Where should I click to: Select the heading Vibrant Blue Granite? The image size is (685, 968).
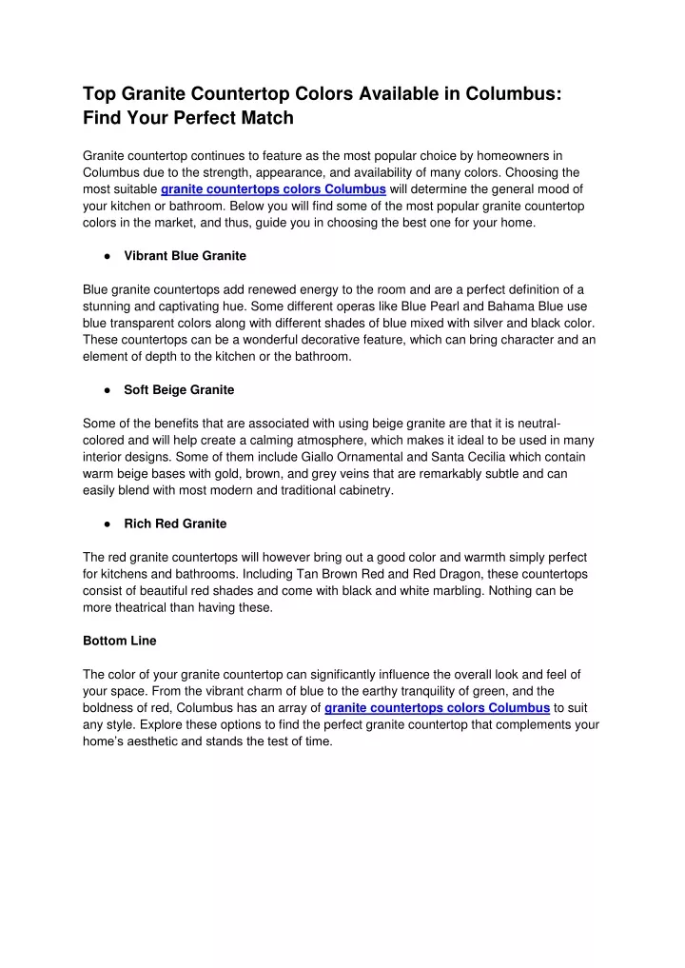186,256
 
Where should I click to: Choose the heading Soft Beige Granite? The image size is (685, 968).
179,390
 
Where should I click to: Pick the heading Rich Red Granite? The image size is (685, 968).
175,524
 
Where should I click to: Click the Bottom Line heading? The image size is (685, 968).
120,641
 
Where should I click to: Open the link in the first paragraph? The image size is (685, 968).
273,188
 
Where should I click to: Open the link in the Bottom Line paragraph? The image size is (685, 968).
437,708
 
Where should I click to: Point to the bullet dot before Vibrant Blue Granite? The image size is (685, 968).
110,256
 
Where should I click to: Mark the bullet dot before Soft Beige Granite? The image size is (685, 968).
110,390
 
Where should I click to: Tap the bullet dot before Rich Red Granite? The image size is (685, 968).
110,524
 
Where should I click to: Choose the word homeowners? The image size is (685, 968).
506,154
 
